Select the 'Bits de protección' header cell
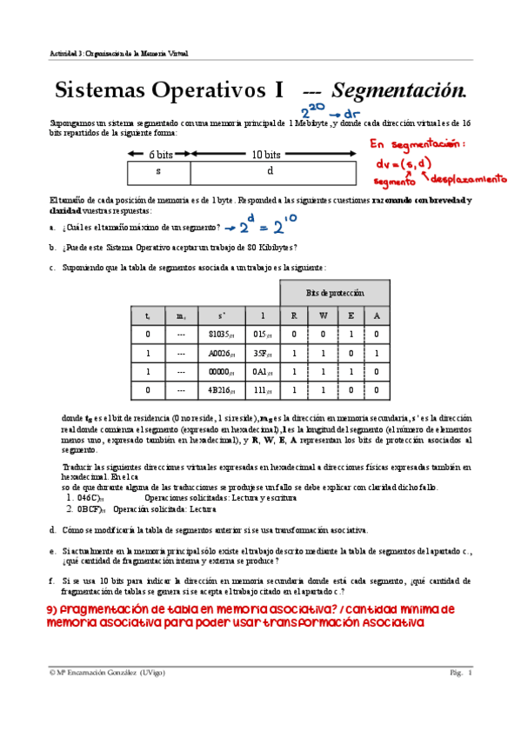pos(334,292)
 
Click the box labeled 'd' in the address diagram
pos(269,171)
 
